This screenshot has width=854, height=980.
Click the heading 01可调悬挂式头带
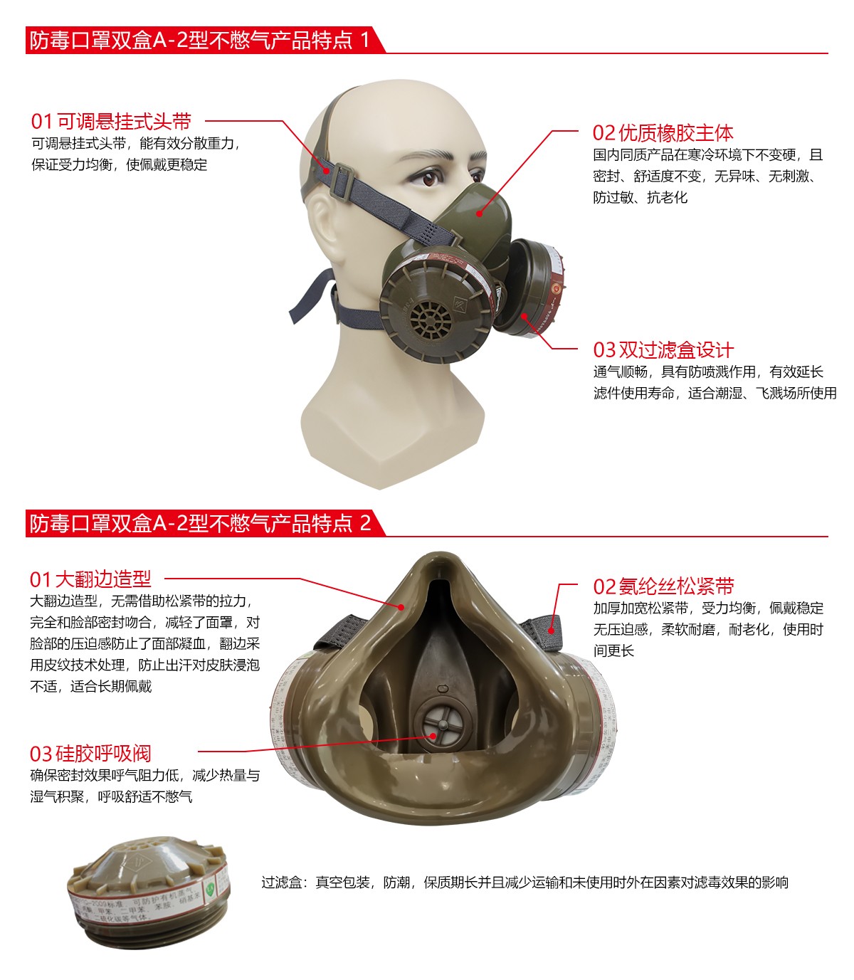[111, 122]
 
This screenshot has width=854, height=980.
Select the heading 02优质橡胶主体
[663, 133]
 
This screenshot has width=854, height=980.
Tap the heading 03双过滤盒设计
[663, 350]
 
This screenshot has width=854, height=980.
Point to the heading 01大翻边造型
[90, 579]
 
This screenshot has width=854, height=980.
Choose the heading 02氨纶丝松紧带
[663, 586]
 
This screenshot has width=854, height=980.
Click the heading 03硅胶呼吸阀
[90, 754]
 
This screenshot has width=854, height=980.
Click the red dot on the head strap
[327, 170]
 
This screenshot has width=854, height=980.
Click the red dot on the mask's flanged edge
[401, 607]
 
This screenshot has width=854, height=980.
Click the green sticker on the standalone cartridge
[211, 889]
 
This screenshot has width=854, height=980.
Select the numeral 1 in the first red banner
[366, 40]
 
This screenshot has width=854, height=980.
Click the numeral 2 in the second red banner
[365, 524]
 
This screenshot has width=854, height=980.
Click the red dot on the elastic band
[551, 630]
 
